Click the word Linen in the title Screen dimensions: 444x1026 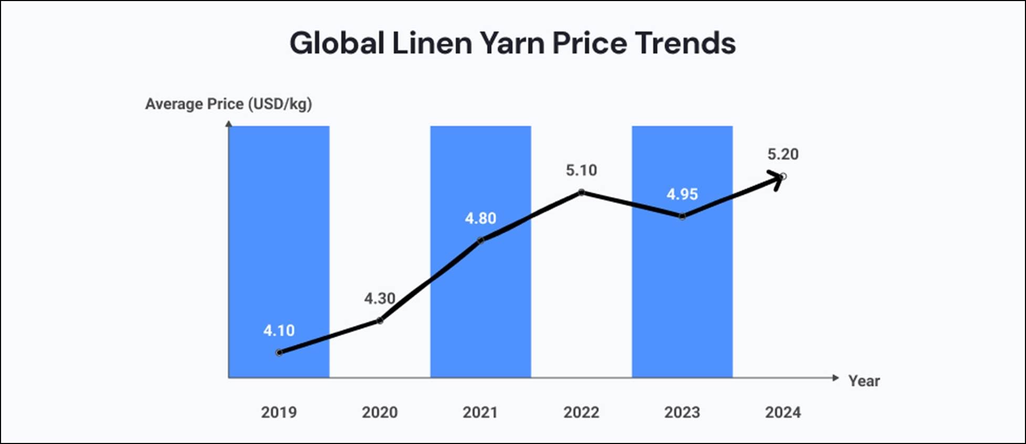click(x=432, y=43)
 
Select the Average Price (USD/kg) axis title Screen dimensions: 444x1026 click(x=228, y=104)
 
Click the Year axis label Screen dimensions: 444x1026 click(x=864, y=381)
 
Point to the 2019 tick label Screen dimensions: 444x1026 click(x=279, y=412)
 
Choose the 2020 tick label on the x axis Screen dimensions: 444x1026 click(x=380, y=412)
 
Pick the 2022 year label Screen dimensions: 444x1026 click(x=581, y=412)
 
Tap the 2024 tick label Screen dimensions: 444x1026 click(x=783, y=412)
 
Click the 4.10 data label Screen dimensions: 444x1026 click(x=279, y=331)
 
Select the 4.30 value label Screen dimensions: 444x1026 click(x=380, y=298)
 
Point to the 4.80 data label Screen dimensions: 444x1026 click(x=480, y=218)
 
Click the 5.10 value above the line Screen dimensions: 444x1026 click(x=581, y=170)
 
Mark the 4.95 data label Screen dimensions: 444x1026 click(x=682, y=194)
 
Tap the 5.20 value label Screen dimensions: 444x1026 click(x=783, y=154)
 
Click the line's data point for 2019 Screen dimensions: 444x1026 click(x=279, y=353)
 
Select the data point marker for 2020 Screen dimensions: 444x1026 click(x=380, y=321)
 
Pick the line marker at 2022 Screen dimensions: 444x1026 click(x=581, y=192)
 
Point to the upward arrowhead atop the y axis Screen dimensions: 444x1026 click(x=228, y=124)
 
